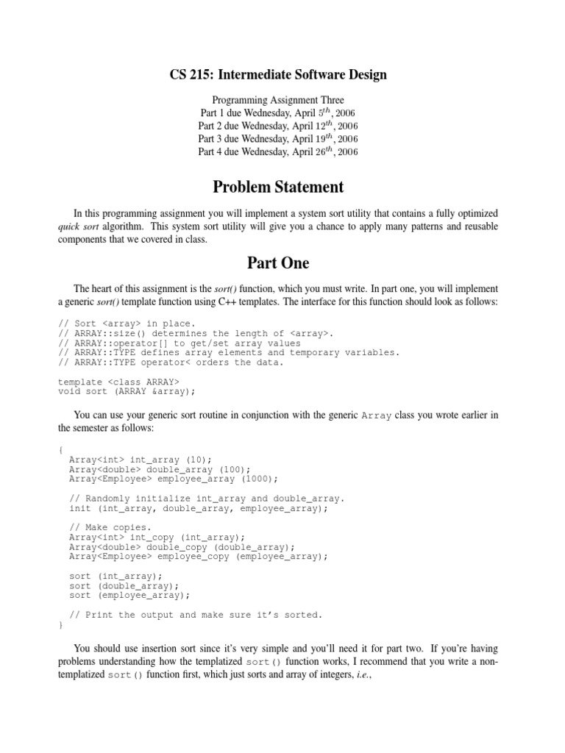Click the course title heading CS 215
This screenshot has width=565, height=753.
[x=278, y=74]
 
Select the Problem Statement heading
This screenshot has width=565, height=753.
[x=278, y=187]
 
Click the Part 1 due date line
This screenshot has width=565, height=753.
[x=278, y=113]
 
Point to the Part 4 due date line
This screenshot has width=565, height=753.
[x=278, y=152]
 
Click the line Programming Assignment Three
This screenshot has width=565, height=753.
[x=278, y=100]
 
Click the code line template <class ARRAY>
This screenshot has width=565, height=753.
[x=118, y=381]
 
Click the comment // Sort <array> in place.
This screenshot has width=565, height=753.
[x=127, y=324]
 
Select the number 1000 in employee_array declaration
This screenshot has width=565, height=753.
[x=258, y=479]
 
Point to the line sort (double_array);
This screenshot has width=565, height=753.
[x=124, y=585]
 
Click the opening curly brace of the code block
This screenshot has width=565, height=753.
[x=60, y=450]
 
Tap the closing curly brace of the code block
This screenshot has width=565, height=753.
[x=60, y=624]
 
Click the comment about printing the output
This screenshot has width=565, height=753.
[x=196, y=615]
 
